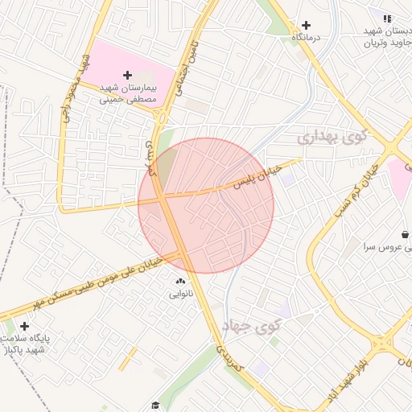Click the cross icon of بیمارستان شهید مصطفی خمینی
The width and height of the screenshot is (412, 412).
coord(127,75)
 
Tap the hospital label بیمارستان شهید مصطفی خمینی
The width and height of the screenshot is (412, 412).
coord(128,93)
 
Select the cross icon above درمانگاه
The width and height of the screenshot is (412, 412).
coord(306,25)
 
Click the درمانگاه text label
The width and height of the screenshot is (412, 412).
coord(307,38)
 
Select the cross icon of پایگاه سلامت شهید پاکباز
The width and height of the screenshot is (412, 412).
coord(24,327)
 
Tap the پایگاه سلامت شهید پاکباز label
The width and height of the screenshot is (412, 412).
coord(27,344)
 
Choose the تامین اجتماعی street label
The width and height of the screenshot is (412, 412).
coord(187,64)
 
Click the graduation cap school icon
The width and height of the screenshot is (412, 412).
coord(154,405)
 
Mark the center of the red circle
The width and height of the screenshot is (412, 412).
coord(206,206)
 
